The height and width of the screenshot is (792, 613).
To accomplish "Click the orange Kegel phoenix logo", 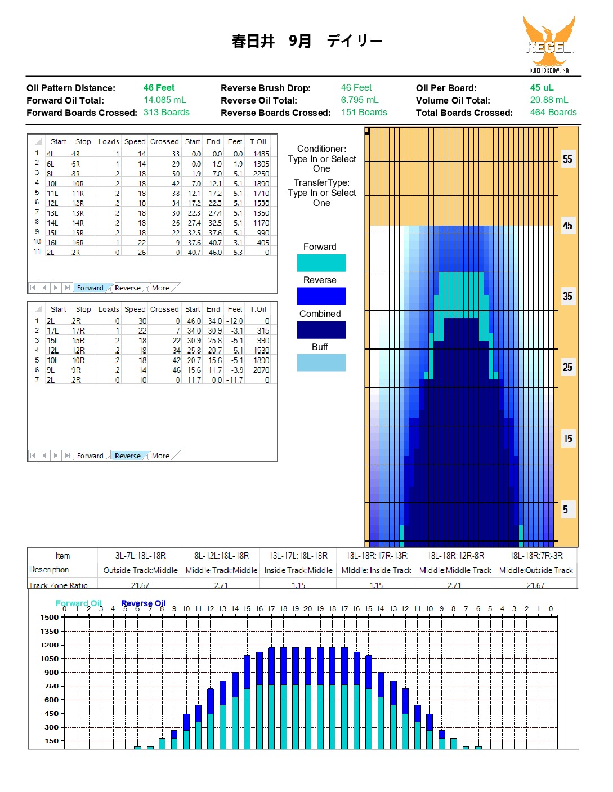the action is pos(548,44).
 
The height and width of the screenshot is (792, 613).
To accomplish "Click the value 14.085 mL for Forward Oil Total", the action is pos(164,100).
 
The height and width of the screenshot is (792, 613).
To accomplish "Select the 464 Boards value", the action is pos(553,112).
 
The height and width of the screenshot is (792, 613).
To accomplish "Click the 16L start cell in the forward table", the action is pos(52,243).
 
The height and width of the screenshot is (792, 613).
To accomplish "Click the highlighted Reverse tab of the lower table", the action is pos(128,455).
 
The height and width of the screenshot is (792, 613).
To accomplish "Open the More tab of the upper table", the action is pos(161,288).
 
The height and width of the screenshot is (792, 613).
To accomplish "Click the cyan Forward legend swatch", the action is pos(321,263).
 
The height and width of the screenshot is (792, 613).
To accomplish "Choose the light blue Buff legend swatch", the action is pos(321,363).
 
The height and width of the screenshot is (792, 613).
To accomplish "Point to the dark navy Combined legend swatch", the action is pos(321,329).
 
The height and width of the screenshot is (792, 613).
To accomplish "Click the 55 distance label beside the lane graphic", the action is pos(567,159).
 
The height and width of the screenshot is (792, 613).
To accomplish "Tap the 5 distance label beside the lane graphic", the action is pos(565,509).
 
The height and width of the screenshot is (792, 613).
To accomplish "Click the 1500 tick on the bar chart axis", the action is pos(50,618).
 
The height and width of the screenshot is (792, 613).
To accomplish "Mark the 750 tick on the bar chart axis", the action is pos(51,686).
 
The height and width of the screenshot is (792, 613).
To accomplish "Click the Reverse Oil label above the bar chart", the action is pos(143,603).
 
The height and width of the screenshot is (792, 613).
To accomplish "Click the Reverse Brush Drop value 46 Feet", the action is pos(356,87).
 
